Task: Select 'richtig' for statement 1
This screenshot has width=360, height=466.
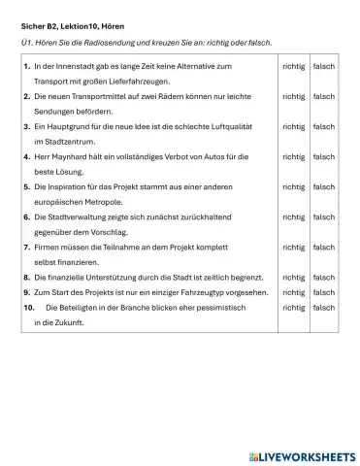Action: [293, 67]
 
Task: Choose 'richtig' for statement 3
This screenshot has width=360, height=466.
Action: [293, 126]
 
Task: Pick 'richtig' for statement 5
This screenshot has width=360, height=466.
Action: [293, 186]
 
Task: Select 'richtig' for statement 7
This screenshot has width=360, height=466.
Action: [293, 247]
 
